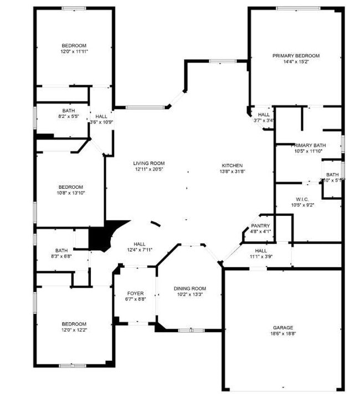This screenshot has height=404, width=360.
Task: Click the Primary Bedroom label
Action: [296, 55]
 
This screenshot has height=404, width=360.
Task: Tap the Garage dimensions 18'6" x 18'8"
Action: [282, 334]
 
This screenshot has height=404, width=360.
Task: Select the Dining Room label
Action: [189, 288]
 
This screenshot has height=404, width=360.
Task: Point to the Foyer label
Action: [135, 293]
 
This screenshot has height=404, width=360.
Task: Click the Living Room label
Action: [148, 163]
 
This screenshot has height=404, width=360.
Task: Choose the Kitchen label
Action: [232, 165]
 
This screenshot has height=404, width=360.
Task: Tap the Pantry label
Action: [260, 226]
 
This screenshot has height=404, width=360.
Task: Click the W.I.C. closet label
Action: [302, 199]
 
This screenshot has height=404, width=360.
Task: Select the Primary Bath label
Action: [308, 146]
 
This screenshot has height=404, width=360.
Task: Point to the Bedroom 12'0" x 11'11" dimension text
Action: [74, 51]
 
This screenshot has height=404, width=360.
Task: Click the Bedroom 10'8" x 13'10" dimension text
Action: [71, 193]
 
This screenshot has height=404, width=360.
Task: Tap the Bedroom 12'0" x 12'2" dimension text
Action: [74, 330]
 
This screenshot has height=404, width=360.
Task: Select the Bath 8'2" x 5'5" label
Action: [68, 111]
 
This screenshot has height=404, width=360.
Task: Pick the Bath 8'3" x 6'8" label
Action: [61, 251]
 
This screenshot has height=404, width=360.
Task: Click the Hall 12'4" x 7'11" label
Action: [139, 244]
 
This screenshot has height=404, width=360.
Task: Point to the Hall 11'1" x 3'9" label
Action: [260, 251]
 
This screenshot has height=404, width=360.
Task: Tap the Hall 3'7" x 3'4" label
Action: [264, 115]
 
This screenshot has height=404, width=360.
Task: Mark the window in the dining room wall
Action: [191, 330]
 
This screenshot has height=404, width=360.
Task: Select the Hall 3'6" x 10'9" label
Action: [101, 116]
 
